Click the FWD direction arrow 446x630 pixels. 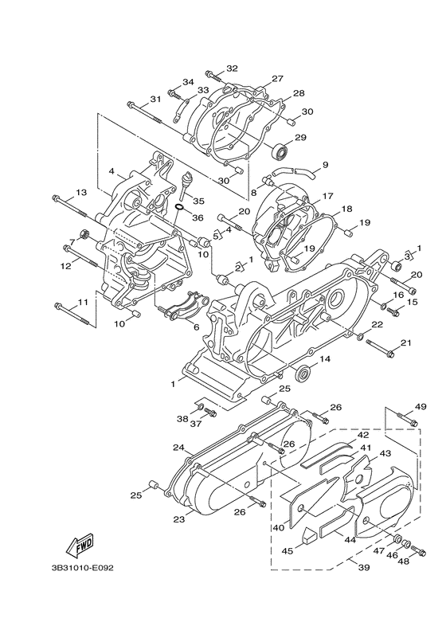click(80, 546)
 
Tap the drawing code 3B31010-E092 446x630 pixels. click(82, 568)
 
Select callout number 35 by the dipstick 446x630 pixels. click(198, 201)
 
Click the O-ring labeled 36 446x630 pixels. click(180, 208)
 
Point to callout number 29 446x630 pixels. click(300, 138)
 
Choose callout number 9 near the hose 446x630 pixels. click(326, 164)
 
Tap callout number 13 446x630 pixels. click(80, 193)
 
